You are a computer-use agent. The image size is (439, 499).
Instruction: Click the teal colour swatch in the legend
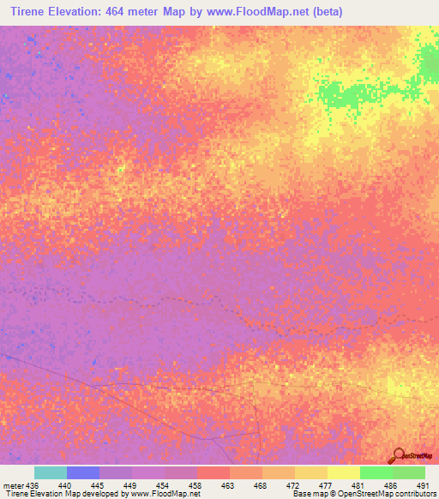click(x=50, y=472)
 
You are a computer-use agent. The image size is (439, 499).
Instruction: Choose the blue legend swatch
click(x=82, y=472)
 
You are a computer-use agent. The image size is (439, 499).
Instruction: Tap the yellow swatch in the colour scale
click(x=343, y=472)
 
